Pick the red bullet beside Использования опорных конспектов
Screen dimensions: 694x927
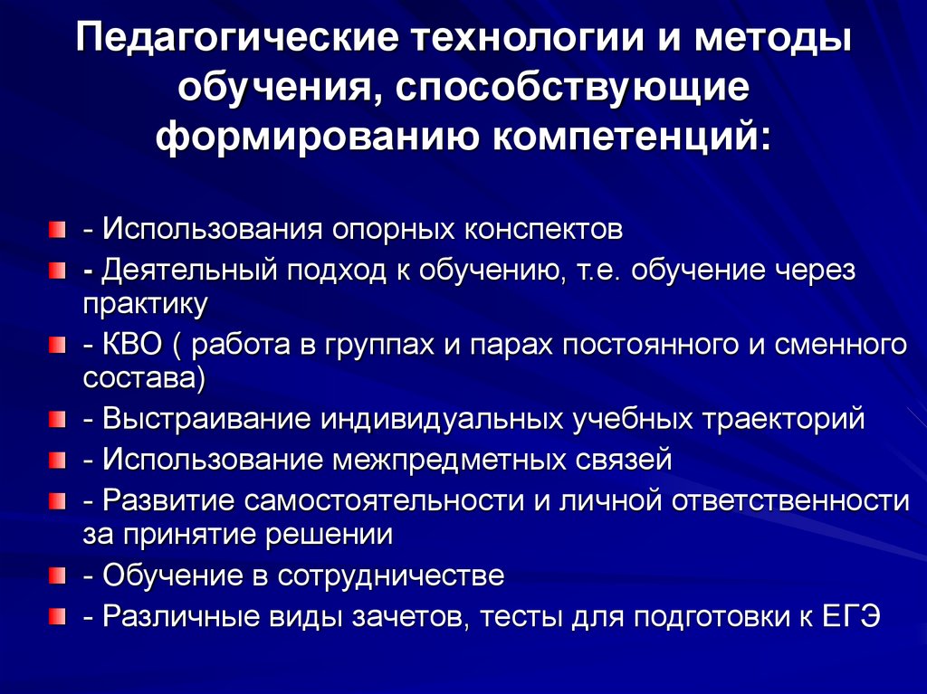point(57,227)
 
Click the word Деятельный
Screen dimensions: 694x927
point(193,269)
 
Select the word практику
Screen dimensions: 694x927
point(146,303)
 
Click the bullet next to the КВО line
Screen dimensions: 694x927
point(57,345)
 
